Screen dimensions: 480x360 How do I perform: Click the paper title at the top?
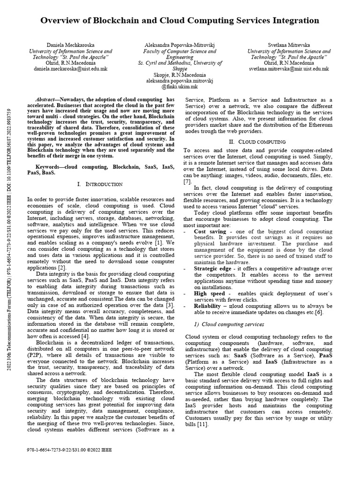click(x=180, y=21)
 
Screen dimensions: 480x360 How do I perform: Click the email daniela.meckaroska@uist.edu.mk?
click(x=71, y=68)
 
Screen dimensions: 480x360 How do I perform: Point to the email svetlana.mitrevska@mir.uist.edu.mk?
click(x=289, y=68)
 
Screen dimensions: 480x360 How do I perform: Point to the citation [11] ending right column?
click(x=202, y=424)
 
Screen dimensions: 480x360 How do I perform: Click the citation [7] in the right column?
click(x=187, y=181)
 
